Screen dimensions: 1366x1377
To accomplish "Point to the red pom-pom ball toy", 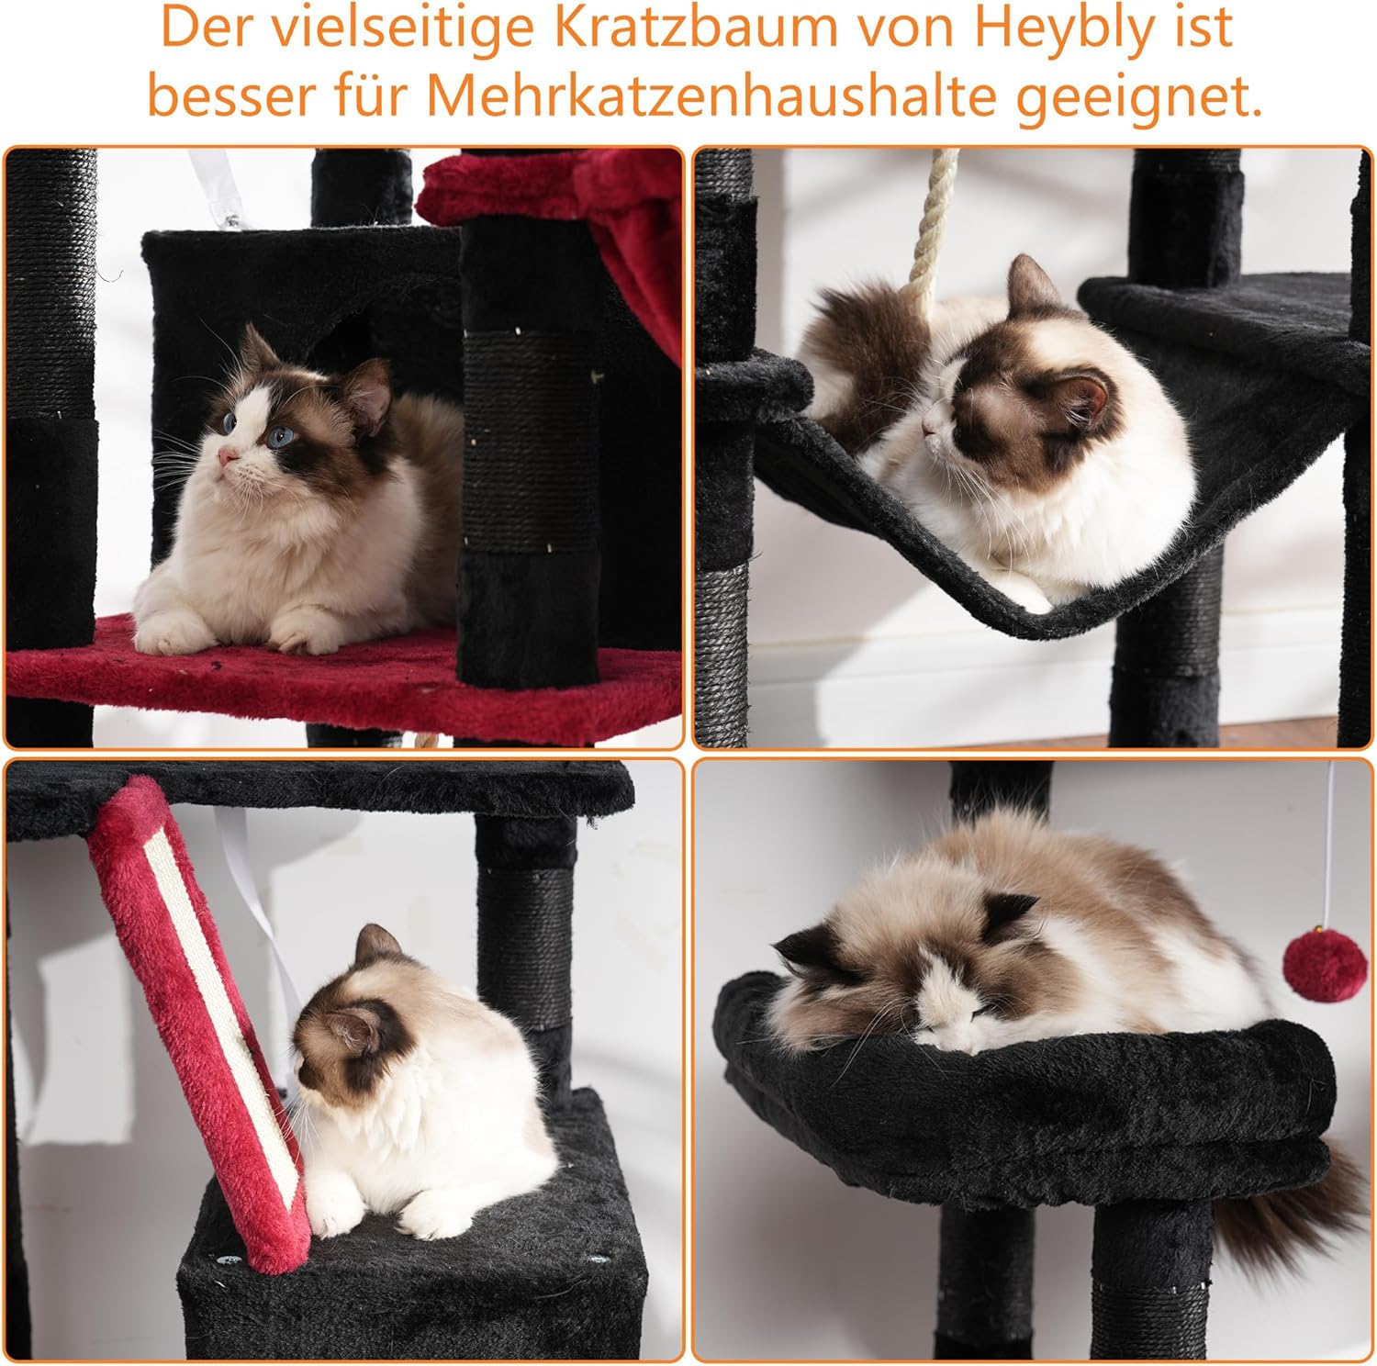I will (x=1312, y=970).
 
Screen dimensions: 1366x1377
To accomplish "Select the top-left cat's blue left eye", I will (x=274, y=437).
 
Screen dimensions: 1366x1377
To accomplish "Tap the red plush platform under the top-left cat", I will (x=275, y=675).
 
